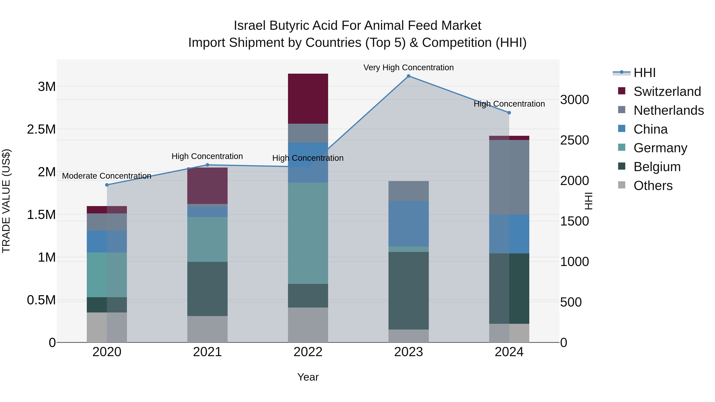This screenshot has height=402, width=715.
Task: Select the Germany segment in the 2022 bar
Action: [308, 233]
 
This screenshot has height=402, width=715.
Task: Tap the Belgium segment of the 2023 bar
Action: [408, 290]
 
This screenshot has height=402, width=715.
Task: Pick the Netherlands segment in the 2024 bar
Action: [509, 177]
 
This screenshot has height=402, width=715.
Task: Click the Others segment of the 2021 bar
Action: [207, 329]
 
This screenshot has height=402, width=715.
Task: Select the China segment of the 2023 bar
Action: [408, 224]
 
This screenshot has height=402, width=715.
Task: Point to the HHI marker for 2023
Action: [408, 76]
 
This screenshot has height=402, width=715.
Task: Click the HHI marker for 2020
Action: [107, 185]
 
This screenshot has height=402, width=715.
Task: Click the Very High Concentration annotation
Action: [408, 67]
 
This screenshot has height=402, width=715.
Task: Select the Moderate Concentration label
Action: [107, 176]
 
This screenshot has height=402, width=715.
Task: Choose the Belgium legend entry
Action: [657, 167]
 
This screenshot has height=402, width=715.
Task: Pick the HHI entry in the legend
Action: [644, 73]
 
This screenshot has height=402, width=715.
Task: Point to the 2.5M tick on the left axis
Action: [41, 129]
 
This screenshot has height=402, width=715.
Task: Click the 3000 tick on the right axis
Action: [574, 100]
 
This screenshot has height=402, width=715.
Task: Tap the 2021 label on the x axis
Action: [207, 352]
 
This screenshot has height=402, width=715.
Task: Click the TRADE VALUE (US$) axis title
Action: [6, 201]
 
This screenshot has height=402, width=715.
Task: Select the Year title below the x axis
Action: [308, 377]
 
